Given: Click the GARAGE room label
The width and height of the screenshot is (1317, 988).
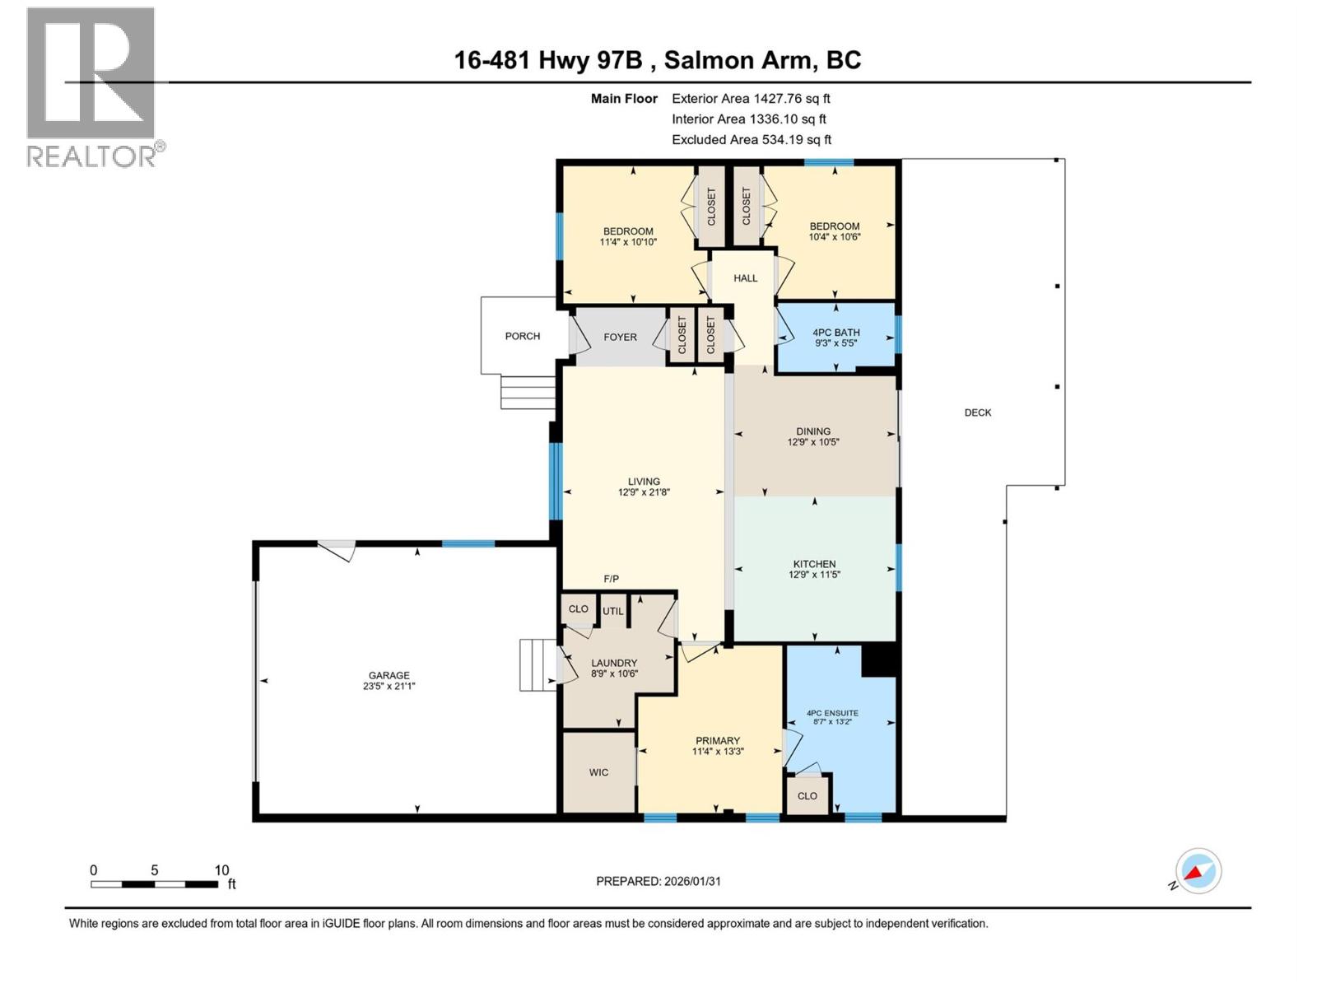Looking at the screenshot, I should pyautogui.click(x=389, y=675).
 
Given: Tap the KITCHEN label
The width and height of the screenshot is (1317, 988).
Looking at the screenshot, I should pyautogui.click(x=814, y=564).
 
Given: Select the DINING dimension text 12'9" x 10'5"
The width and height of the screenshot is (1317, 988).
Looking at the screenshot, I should pyautogui.click(x=813, y=442).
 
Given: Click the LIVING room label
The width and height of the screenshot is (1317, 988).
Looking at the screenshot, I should pyautogui.click(x=644, y=482).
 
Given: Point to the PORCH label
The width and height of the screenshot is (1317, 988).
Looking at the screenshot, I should pyautogui.click(x=523, y=336).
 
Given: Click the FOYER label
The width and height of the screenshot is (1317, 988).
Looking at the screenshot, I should pyautogui.click(x=620, y=337).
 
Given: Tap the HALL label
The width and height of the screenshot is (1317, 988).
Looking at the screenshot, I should pyautogui.click(x=746, y=278).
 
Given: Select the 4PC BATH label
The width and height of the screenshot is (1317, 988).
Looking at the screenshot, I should pyautogui.click(x=835, y=333).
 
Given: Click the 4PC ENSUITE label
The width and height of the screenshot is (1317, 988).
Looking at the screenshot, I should pyautogui.click(x=832, y=713).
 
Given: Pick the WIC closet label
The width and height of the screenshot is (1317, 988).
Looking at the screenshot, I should pyautogui.click(x=598, y=772).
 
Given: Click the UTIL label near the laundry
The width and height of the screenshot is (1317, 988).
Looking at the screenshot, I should pyautogui.click(x=612, y=612).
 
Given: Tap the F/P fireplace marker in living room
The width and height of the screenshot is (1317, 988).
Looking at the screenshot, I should pyautogui.click(x=611, y=579).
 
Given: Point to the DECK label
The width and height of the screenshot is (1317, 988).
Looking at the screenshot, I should pyautogui.click(x=978, y=412).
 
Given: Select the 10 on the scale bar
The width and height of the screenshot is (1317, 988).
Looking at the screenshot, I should pyautogui.click(x=221, y=870).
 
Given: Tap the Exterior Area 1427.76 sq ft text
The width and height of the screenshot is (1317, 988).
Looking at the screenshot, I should pyautogui.click(x=751, y=98).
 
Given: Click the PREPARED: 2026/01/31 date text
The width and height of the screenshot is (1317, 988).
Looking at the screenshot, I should pyautogui.click(x=658, y=881).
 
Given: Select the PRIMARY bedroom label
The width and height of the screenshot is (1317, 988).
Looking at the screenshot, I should pyautogui.click(x=718, y=740).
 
